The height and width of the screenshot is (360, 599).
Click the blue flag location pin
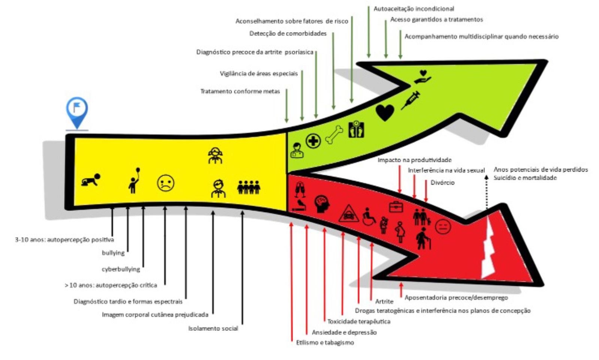coord(77,111)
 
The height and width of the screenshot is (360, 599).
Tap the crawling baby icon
coord(91,180)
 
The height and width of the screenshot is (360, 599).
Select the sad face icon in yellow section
coord(165,183)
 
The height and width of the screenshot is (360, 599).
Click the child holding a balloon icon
coord(134,181)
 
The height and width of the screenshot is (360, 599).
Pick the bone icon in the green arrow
coord(334,135)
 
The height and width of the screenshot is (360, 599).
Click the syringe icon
coord(410,100)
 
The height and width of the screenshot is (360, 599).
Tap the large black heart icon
coord(385,112)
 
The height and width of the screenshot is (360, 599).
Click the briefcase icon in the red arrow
coord(396,206)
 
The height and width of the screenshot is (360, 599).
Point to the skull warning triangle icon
coord(348,214)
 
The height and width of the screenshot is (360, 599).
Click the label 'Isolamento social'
coord(213,329)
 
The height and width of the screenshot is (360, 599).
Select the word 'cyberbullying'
coord(121,269)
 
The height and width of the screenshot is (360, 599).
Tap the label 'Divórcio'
coord(442,182)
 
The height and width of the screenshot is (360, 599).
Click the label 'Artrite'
coord(384,301)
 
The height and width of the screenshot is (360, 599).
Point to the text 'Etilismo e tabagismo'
coord(325,342)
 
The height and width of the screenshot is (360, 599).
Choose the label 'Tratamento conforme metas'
coord(240,91)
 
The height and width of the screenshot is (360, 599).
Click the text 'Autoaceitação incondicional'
coord(414,9)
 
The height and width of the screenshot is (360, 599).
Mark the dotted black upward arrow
coord(486,191)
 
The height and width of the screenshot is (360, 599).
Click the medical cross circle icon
coord(313,141)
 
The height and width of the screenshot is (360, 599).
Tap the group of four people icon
coord(249,187)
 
